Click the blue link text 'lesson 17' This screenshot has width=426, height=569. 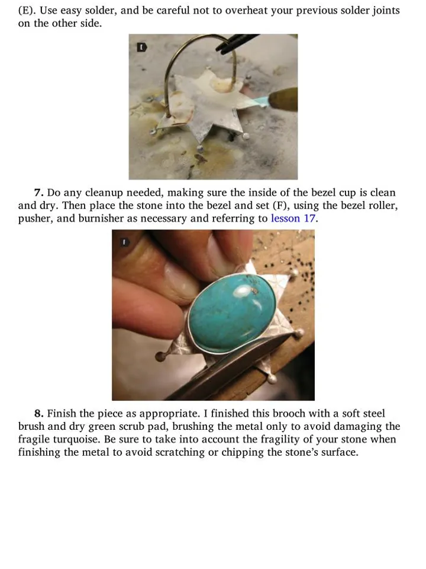pos(294,219)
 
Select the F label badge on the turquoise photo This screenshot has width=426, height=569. pos(125,242)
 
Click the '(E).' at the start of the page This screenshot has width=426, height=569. pos(27,10)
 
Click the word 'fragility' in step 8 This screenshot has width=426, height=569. pos(278,439)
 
